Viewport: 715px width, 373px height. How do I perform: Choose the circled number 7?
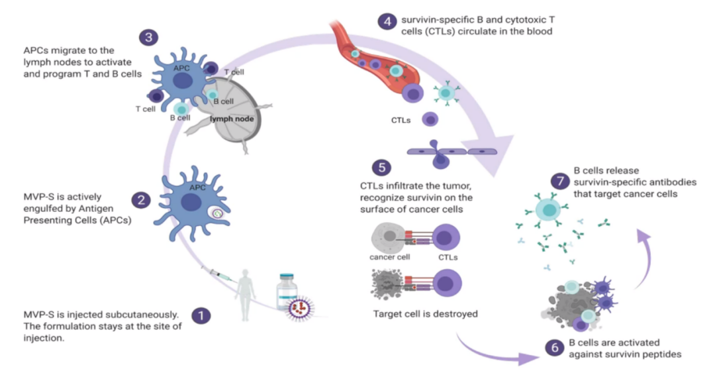[560, 180]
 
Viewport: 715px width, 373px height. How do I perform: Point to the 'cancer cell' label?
[389, 256]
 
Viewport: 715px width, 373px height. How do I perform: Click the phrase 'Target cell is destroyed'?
[424, 313]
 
